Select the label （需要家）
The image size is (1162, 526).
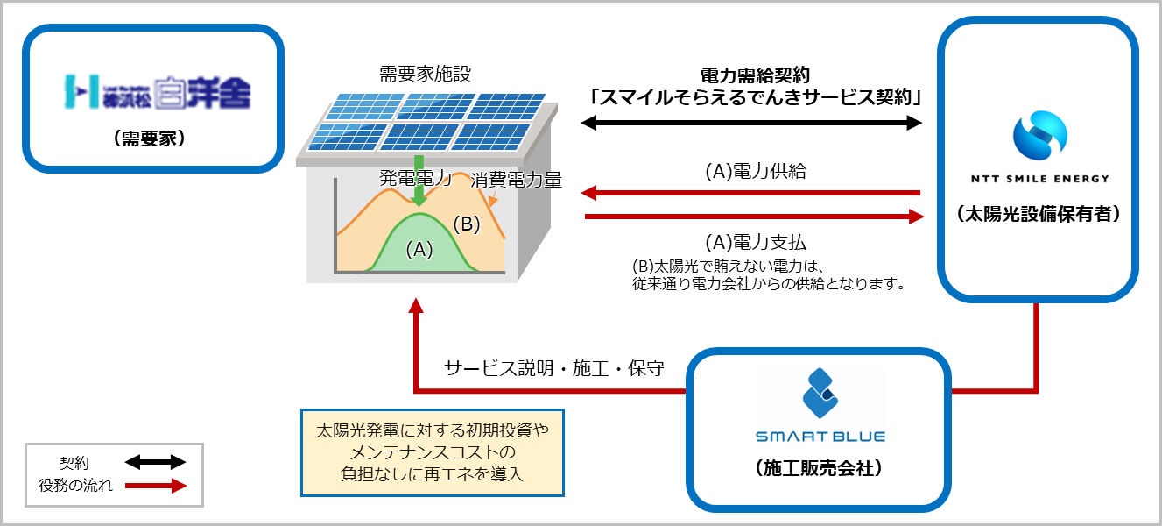pos(155,138)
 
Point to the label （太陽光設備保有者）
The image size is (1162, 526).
pos(1038,214)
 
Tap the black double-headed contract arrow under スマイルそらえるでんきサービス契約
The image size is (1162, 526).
pos(753,124)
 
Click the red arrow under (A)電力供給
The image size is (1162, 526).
pos(753,192)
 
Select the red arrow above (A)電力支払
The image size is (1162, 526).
pos(753,216)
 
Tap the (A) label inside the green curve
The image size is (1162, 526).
pos(419,250)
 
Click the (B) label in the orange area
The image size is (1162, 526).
pos(467,224)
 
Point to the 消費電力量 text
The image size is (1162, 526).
pos(516,181)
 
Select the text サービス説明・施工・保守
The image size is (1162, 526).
pos(553,367)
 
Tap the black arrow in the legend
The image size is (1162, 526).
pos(155,462)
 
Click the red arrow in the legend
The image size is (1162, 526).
pos(155,486)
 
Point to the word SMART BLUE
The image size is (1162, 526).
pos(820,436)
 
